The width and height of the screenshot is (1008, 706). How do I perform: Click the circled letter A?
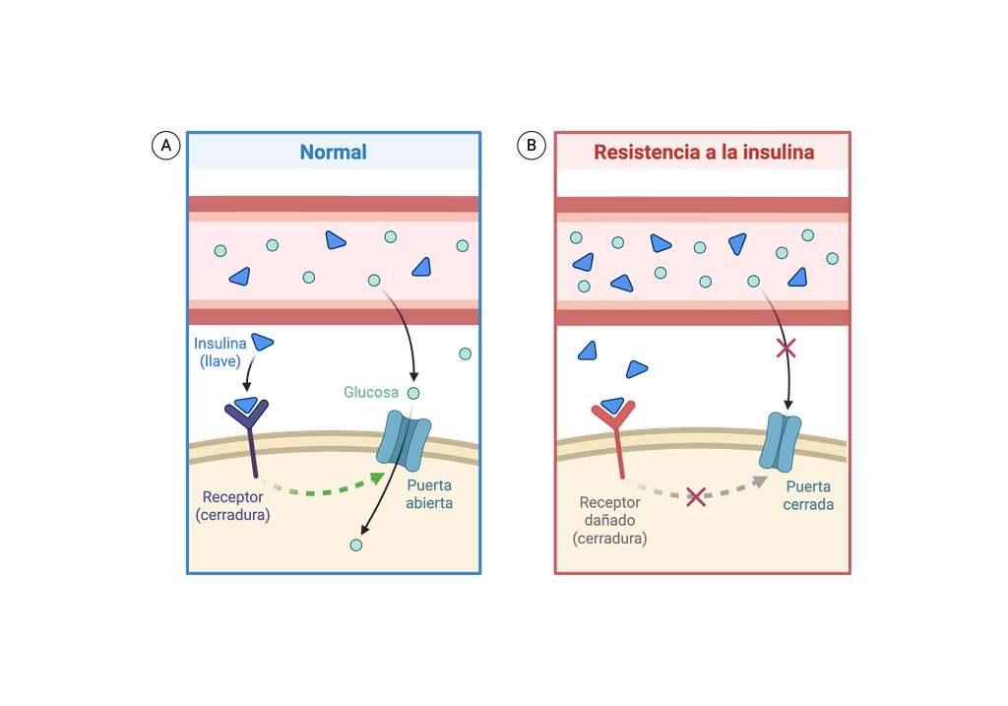click(x=165, y=146)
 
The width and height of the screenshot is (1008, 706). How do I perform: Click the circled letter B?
click(x=532, y=146)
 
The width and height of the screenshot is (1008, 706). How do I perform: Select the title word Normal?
click(x=333, y=152)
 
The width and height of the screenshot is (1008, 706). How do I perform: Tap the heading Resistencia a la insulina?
click(x=704, y=153)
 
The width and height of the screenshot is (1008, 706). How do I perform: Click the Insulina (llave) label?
click(x=220, y=353)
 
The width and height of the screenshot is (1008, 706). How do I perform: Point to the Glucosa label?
click(x=371, y=392)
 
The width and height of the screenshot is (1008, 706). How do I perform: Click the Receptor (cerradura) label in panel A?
click(x=232, y=506)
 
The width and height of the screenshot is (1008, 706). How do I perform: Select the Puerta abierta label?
click(x=429, y=494)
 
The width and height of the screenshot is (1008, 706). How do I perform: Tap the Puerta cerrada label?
click(x=808, y=495)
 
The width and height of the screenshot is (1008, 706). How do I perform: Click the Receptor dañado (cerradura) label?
click(x=609, y=520)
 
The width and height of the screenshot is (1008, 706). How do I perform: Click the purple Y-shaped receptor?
click(x=248, y=437)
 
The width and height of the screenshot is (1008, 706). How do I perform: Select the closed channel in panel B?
click(x=780, y=442)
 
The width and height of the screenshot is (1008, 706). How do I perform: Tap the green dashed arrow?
click(x=323, y=488)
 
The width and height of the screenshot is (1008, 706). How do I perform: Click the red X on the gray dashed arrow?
click(x=696, y=496)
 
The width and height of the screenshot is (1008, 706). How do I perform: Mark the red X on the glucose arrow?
click(x=786, y=349)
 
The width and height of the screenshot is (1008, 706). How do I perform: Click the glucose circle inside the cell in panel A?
click(x=356, y=546)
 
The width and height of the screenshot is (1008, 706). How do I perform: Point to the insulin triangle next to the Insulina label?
click(x=262, y=342)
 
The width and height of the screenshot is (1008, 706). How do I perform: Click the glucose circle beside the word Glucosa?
click(x=413, y=393)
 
